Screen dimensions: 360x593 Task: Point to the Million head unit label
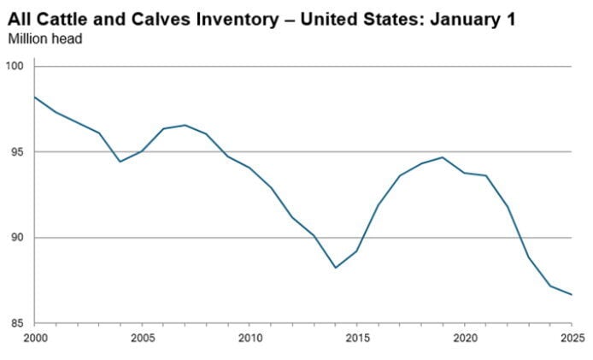pyautogui.click(x=44, y=38)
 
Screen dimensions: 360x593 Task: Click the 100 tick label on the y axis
pyautogui.click(x=15, y=66)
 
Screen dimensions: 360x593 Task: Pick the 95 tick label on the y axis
pyautogui.click(x=18, y=152)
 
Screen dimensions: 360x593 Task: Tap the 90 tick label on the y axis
pyautogui.click(x=18, y=238)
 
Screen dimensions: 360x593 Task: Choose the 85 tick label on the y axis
pyautogui.click(x=18, y=323)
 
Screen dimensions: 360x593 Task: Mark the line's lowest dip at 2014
pyautogui.click(x=335, y=268)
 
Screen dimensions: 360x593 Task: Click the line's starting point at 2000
pyautogui.click(x=34, y=97)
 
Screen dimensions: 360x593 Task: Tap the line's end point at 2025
pyautogui.click(x=572, y=295)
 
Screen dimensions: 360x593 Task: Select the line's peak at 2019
pyautogui.click(x=443, y=157)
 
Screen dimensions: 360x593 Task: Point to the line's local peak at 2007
pyautogui.click(x=185, y=125)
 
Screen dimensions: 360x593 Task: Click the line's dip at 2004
pyautogui.click(x=120, y=162)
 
